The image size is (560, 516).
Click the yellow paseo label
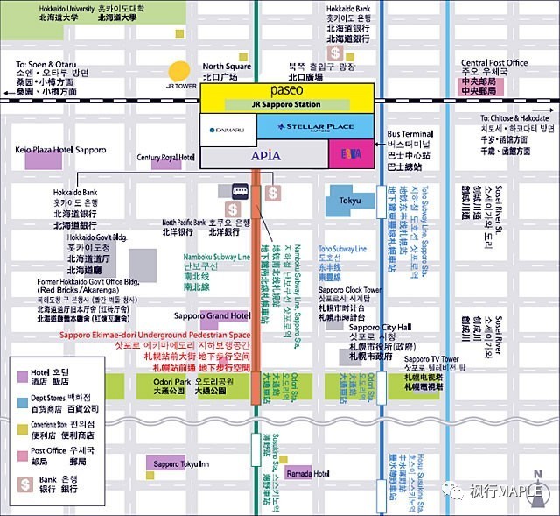[287, 90]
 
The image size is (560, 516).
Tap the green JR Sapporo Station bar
[286, 104]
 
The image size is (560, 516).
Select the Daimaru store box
[228, 130]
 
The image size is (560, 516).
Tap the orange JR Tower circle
[180, 71]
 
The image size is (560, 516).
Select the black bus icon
[241, 192]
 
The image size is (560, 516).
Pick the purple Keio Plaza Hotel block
[42, 159]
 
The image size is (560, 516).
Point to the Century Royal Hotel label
[165, 158]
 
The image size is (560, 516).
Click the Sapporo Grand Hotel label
[213, 315]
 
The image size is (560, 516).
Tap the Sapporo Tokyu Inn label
[178, 463]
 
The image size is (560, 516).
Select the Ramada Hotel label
[307, 473]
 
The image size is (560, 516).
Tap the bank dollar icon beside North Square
[336, 54]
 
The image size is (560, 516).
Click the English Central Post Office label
[494, 63]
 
